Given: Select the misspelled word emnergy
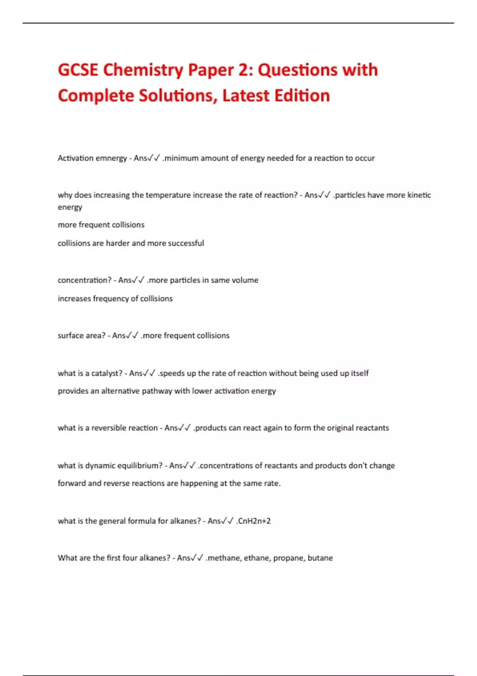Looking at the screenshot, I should click(111, 158).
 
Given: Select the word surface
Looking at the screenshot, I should click(70, 336).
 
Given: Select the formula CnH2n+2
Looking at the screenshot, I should click(254, 521).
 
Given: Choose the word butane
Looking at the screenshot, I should click(320, 558).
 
